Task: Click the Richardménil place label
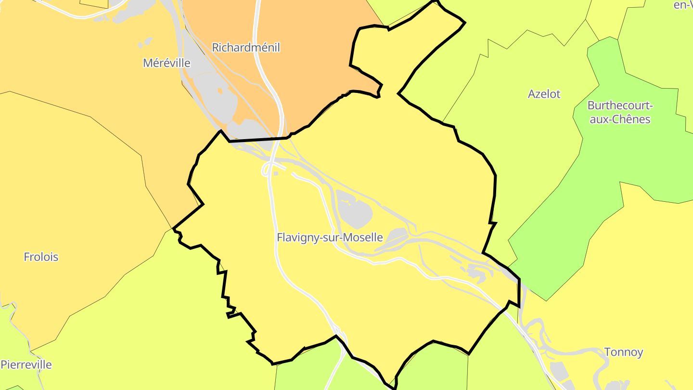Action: [x=245, y=48]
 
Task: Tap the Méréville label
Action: [x=167, y=63]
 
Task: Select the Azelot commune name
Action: [x=544, y=94]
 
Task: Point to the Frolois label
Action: [x=41, y=257]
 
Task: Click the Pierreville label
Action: [x=26, y=364]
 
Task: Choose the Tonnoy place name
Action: [x=623, y=352]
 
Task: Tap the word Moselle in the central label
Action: [x=363, y=237]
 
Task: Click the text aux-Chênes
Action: [x=620, y=119]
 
